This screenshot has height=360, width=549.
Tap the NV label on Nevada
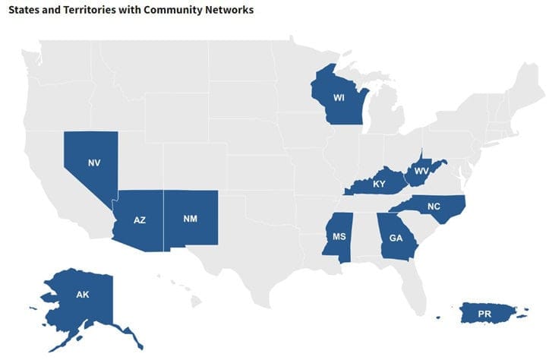(x=94, y=163)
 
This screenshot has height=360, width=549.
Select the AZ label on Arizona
(x=139, y=219)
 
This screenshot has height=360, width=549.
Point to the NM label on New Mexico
(x=191, y=219)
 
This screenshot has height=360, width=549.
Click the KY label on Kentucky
(x=379, y=185)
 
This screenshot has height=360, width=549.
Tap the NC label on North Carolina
(x=434, y=206)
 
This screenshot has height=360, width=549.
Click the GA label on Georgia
(x=396, y=238)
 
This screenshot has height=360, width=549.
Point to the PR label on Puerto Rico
(x=484, y=313)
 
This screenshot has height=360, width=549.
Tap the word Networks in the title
(x=229, y=11)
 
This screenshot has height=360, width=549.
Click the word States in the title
(x=24, y=11)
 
